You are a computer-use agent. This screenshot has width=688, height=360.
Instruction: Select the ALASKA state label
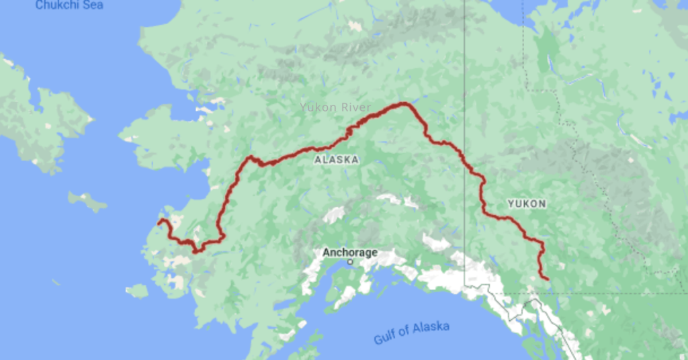pyautogui.click(x=336, y=160)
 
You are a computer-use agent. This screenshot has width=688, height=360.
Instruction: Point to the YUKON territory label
pyautogui.click(x=526, y=203)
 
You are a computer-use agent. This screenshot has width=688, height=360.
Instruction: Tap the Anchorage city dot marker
pyautogui.click(x=350, y=262)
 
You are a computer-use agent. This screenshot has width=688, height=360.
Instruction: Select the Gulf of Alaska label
pyautogui.click(x=411, y=332)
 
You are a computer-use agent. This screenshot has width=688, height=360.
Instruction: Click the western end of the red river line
pyautogui.click(x=159, y=221)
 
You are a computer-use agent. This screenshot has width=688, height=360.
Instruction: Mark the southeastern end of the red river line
pyautogui.click(x=547, y=278)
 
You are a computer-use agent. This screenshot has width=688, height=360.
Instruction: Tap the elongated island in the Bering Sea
pyautogui.click(x=87, y=200)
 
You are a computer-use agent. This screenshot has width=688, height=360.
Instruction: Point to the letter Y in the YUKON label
pyautogui.click(x=511, y=203)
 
